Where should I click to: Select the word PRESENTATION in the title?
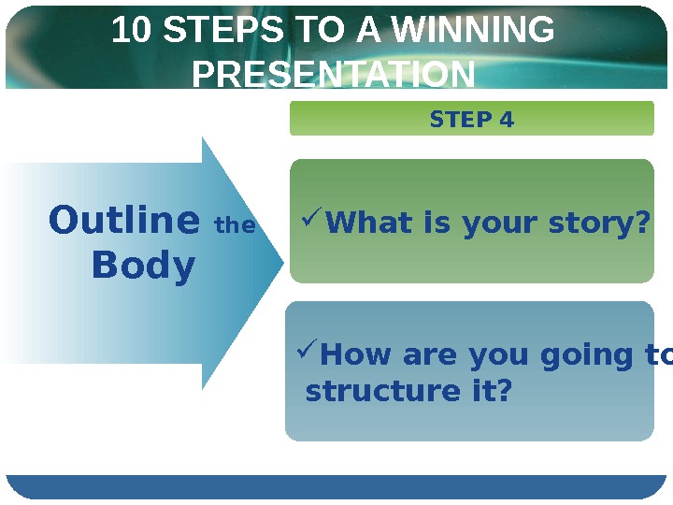point(334,74)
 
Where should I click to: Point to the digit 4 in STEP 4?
point(507,120)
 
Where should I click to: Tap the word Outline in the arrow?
point(123,222)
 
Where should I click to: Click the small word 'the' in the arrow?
point(235,225)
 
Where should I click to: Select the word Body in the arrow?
point(144,267)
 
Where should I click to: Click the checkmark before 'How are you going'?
point(308,352)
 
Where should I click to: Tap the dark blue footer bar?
point(336,486)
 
